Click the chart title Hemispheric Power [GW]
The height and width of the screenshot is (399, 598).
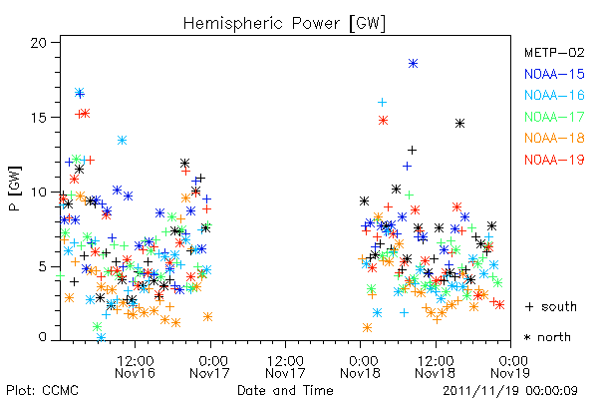click(284, 24)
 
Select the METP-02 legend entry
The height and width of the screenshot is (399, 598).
click(554, 53)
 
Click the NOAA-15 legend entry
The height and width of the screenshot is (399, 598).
click(554, 74)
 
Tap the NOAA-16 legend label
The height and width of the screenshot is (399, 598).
click(554, 95)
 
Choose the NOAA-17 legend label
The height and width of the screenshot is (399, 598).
click(554, 117)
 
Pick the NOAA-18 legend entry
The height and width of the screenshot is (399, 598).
click(554, 138)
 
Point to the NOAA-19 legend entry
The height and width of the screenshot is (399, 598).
click(554, 160)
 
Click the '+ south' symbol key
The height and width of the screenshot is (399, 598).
click(551, 306)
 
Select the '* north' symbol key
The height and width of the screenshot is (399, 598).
click(547, 337)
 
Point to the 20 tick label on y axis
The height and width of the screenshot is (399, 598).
click(39, 43)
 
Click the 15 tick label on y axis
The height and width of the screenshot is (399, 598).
click(39, 118)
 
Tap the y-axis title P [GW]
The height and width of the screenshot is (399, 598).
click(15, 189)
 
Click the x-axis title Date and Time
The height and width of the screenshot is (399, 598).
click(285, 390)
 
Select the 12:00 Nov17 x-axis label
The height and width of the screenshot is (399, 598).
click(285, 367)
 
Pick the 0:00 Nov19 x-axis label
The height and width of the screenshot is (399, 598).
click(510, 367)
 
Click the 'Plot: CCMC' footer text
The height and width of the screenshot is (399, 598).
click(42, 391)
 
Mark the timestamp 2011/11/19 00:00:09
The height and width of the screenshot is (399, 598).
click(510, 391)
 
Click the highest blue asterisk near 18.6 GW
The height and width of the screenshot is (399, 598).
click(413, 64)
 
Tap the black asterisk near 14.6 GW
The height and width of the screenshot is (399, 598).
click(459, 124)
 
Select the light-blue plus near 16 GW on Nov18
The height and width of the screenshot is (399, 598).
click(382, 102)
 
